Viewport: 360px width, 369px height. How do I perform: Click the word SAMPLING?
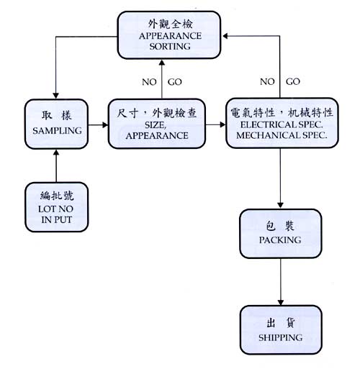(57, 131)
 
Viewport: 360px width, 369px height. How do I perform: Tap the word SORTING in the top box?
(170, 46)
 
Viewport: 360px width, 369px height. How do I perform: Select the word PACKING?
(280, 240)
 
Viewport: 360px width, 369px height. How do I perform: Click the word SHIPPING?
(281, 337)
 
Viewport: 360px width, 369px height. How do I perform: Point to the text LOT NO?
(55, 209)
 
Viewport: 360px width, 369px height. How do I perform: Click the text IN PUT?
(56, 219)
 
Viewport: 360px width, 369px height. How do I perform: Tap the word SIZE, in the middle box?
(156, 125)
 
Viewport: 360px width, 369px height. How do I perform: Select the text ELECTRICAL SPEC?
(282, 124)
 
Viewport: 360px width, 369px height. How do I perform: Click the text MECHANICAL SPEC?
(282, 135)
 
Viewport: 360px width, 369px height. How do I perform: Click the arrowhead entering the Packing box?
(280, 205)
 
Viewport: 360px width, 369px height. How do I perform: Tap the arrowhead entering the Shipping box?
(281, 302)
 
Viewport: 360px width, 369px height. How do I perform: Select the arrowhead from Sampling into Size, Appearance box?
(105, 125)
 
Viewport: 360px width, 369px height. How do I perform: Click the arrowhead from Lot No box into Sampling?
(56, 152)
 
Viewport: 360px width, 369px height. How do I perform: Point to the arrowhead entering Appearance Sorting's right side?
(225, 36)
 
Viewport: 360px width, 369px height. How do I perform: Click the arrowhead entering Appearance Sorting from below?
(162, 63)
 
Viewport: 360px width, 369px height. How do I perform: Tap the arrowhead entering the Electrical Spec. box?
(222, 124)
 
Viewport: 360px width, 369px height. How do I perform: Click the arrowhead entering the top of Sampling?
(55, 96)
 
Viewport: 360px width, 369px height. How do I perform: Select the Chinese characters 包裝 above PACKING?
(280, 226)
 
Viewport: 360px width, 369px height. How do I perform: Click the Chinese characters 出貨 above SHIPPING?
(281, 323)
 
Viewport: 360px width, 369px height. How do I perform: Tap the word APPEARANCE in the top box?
(170, 36)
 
